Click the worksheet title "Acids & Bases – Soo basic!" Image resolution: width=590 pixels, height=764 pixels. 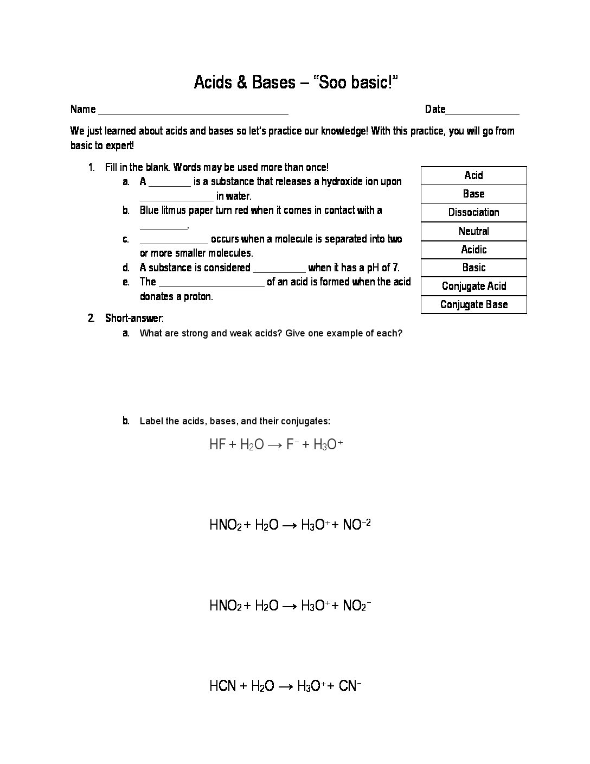pos(296,82)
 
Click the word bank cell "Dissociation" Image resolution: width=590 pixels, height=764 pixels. pos(473,212)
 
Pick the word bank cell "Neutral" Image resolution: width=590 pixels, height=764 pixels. pos(473,231)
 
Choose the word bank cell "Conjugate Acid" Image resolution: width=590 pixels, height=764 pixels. pos(473,286)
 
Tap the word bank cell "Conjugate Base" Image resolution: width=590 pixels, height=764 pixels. pos(473,304)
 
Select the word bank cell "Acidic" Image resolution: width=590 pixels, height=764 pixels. pos(473,250)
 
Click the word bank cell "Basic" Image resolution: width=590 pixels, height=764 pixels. pos(473,268)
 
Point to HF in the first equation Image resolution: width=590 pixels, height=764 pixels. pos(217,444)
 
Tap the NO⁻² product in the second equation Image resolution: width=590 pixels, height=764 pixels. pos(357,525)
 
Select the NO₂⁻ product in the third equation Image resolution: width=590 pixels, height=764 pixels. pos(357,606)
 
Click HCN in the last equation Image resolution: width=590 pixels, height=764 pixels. pos(222,686)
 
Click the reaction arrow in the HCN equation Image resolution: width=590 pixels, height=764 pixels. pos(287,686)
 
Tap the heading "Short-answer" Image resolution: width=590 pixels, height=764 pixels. pos(133,318)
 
